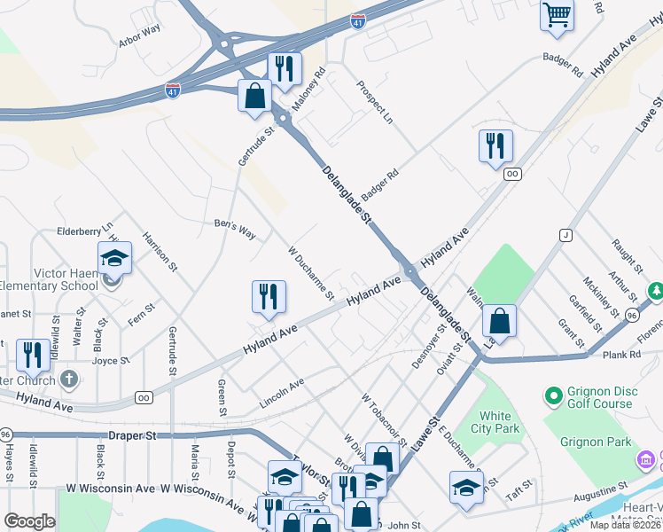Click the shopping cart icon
557,15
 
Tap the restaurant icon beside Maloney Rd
285,69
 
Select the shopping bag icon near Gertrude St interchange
254,95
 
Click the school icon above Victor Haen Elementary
114,258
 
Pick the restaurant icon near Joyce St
33,355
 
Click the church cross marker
69,379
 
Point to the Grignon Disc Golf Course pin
554,395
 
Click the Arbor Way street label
139,41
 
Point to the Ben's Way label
235,229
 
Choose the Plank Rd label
621,355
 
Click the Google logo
29,521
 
